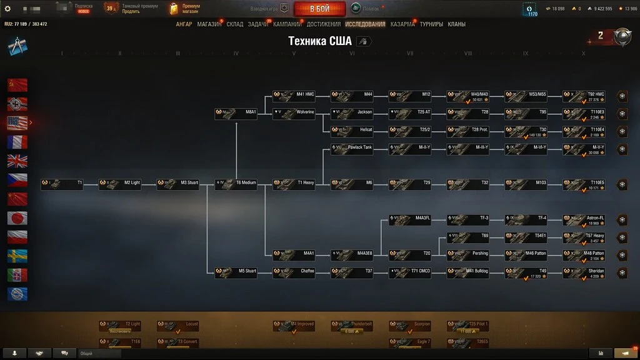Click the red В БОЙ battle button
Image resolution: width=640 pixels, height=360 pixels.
[319, 9]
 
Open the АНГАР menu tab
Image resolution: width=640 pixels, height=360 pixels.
[184, 24]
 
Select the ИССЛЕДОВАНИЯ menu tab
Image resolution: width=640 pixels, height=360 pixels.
[365, 24]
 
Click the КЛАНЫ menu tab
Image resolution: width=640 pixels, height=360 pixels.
[456, 24]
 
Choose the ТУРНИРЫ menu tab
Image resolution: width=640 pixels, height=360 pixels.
[431, 24]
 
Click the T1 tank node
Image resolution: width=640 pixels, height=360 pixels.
[62, 184]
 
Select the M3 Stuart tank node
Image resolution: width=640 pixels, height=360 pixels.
[178, 184]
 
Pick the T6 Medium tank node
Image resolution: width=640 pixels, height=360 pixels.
[236, 184]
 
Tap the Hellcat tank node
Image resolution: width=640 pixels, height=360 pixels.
[352, 131]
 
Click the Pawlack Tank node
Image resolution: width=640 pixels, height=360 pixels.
[352, 149]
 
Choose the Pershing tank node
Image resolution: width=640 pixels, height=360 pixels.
[469, 255]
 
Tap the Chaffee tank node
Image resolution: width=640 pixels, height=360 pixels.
[294, 272]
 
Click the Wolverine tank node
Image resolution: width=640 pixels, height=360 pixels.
[294, 114]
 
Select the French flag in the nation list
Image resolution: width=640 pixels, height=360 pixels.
[17, 142]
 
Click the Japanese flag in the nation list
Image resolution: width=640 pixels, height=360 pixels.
[17, 217]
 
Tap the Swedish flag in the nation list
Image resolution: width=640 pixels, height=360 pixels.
[17, 256]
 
